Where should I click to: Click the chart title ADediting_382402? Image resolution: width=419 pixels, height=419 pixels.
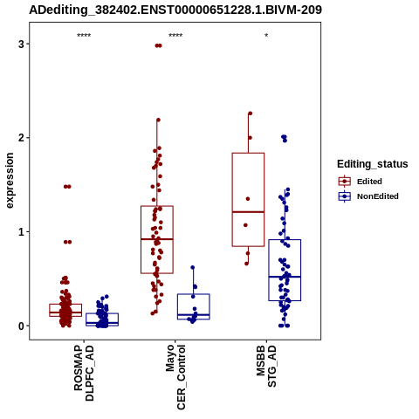tap(175, 10)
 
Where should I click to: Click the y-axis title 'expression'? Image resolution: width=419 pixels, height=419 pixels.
tap(10, 181)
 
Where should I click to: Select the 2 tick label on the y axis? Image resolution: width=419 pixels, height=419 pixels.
tap(21, 138)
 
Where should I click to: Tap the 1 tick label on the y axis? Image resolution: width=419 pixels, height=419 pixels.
tap(21, 232)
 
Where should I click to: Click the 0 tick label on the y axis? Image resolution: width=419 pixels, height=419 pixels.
tap(21, 326)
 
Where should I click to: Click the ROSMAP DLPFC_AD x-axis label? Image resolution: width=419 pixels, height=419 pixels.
tap(84, 373)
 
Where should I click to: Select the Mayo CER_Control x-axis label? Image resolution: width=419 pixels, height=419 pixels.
tap(175, 377)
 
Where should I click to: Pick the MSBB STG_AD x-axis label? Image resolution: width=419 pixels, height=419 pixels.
tap(266, 366)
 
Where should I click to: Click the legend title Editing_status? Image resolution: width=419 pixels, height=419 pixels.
tap(373, 164)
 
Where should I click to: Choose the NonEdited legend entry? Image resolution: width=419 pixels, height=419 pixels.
tap(368, 196)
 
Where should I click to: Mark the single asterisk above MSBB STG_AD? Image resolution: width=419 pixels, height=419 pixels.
tap(266, 36)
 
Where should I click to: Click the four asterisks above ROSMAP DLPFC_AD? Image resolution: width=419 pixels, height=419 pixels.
tap(84, 36)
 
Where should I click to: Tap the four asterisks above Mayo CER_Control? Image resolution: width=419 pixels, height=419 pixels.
tap(175, 36)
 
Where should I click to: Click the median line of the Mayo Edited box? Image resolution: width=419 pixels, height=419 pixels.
tap(157, 239)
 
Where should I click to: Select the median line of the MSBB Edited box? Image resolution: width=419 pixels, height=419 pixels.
tap(248, 212)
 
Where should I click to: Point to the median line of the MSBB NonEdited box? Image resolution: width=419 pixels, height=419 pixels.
tap(285, 277)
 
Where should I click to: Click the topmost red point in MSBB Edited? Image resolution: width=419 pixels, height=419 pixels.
tap(250, 113)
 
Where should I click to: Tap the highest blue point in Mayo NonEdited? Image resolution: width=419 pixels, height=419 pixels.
tap(192, 267)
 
